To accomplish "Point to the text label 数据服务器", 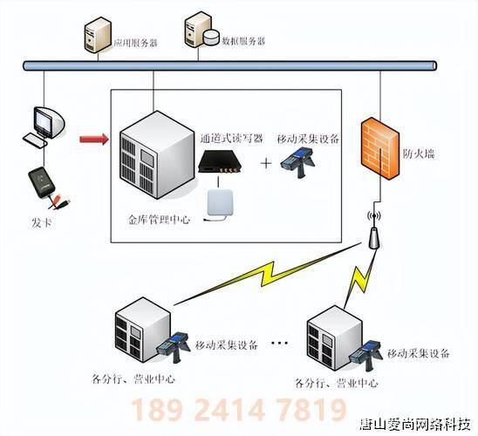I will click(244, 41).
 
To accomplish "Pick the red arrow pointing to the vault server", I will click(92, 138).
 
